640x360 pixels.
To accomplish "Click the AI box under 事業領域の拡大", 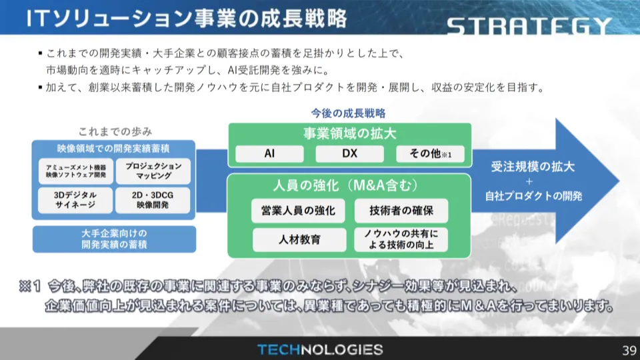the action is (x=269, y=154).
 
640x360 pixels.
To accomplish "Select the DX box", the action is (x=349, y=154).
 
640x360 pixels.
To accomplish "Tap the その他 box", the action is (x=430, y=154).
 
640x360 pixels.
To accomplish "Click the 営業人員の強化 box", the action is (x=298, y=211).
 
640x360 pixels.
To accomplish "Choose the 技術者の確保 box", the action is (x=401, y=211).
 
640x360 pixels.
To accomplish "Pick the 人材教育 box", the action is (x=299, y=239).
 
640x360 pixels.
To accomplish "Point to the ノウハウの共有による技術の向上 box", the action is (x=401, y=239).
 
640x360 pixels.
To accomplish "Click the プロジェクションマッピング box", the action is (x=153, y=171).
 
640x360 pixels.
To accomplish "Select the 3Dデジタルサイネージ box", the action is (x=75, y=200).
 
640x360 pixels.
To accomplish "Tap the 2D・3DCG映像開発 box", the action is (x=153, y=200).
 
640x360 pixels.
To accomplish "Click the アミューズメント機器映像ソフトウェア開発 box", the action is (x=75, y=171).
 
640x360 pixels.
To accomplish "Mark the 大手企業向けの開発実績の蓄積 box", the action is (x=114, y=239).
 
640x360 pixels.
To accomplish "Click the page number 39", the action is (x=629, y=350).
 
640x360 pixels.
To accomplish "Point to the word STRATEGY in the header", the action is (x=529, y=27).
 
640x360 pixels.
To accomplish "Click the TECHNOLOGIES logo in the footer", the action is (x=321, y=350).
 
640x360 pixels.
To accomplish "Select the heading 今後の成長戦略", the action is (x=348, y=113).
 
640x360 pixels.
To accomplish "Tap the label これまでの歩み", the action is (x=115, y=131).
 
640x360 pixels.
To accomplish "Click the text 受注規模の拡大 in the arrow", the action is (x=533, y=167).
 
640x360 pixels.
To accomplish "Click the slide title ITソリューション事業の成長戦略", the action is (x=187, y=19).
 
